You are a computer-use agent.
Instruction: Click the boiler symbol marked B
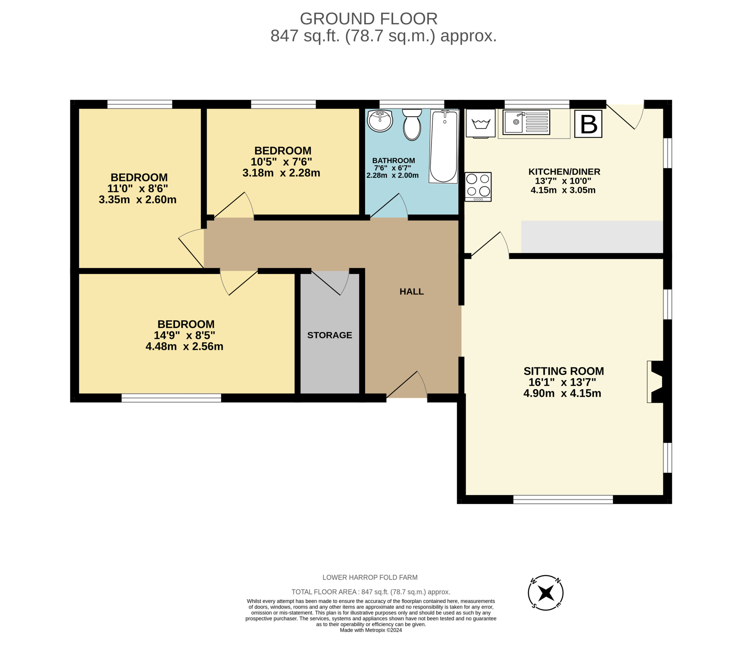[588, 124]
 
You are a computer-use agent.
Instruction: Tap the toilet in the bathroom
[412, 125]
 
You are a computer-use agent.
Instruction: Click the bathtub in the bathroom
[443, 146]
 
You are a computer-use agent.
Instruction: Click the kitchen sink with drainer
[526, 122]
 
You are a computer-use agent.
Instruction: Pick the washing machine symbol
[481, 123]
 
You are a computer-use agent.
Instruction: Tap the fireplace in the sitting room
[656, 382]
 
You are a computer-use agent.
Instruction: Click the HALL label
[411, 292]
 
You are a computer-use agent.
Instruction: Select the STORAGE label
[329, 335]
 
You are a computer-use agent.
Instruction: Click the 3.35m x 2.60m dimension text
[137, 200]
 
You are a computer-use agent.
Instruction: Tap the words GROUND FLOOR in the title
[368, 19]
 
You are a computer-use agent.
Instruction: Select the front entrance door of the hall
[406, 386]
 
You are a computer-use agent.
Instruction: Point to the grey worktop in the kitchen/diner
[592, 237]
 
